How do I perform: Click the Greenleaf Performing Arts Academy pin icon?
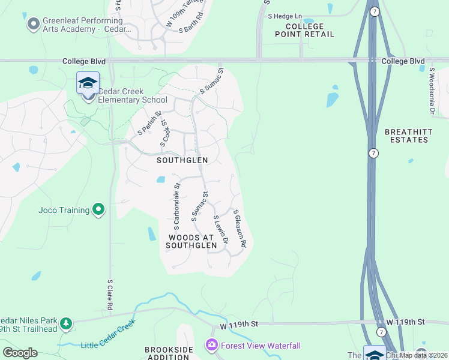pyautogui.click(x=32, y=24)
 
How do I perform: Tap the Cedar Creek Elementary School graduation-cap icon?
pyautogui.click(x=88, y=83)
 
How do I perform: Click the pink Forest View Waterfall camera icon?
pyautogui.click(x=211, y=345)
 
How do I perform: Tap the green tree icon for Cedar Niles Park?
pyautogui.click(x=65, y=324)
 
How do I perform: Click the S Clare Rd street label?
pyautogui.click(x=110, y=294)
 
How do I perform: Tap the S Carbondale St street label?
pyautogui.click(x=177, y=208)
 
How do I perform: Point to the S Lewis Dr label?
pyautogui.click(x=221, y=230)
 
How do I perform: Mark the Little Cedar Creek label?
pyautogui.click(x=108, y=344)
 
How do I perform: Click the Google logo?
pyautogui.click(x=20, y=353)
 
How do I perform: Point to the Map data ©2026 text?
pyautogui.click(x=423, y=355)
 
